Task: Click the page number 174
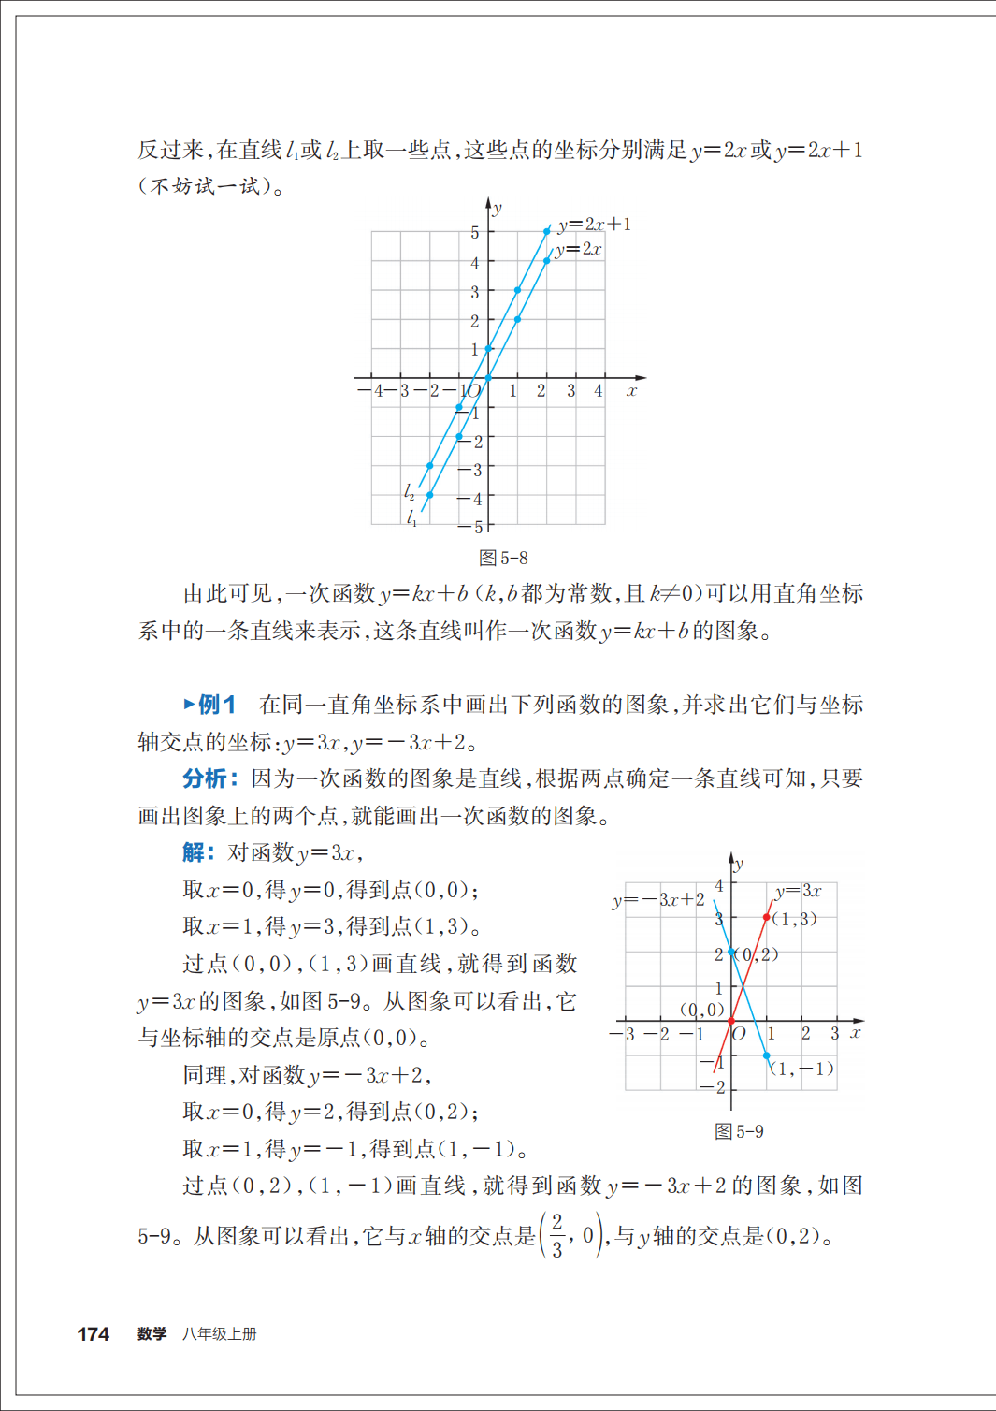pyautogui.click(x=93, y=1334)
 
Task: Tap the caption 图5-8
pyautogui.click(x=503, y=559)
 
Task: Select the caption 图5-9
pyautogui.click(x=739, y=1132)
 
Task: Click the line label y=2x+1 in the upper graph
pyautogui.click(x=595, y=225)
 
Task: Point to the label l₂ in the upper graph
pyautogui.click(x=410, y=491)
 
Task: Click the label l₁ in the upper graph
pyautogui.click(x=411, y=516)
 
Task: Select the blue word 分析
pyautogui.click(x=205, y=778)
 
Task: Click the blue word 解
pyautogui.click(x=194, y=852)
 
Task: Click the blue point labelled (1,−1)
pyautogui.click(x=767, y=1055)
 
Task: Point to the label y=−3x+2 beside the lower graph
pyautogui.click(x=658, y=900)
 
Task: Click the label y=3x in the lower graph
pyautogui.click(x=798, y=891)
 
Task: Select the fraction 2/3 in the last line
pyautogui.click(x=557, y=1236)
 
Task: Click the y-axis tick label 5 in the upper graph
pyautogui.click(x=474, y=233)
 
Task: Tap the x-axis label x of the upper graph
pyautogui.click(x=632, y=391)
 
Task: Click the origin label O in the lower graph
pyautogui.click(x=739, y=1034)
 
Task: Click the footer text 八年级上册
pyautogui.click(x=220, y=1334)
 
